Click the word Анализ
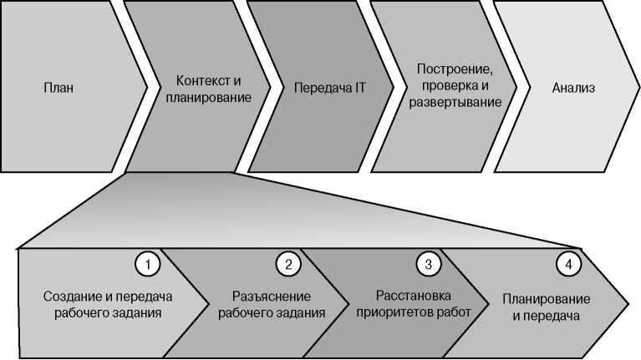click(x=574, y=88)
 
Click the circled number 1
click(x=146, y=265)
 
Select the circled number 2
click(x=287, y=265)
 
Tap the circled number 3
click(x=428, y=265)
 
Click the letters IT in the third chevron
click(x=360, y=88)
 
